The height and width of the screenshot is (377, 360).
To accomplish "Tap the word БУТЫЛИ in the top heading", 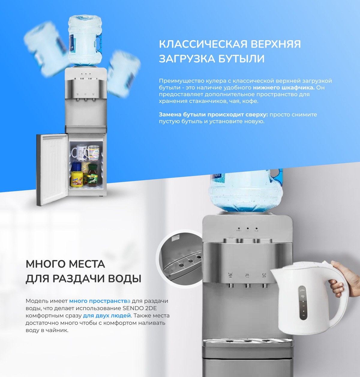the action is pyautogui.click(x=241, y=59).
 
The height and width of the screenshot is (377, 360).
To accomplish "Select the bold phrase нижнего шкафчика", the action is pyautogui.click(x=284, y=88).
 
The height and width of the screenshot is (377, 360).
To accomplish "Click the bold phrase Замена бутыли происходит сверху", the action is pyautogui.click(x=213, y=115).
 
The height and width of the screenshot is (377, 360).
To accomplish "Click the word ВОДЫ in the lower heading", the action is pyautogui.click(x=124, y=279).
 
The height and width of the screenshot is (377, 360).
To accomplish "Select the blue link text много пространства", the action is pyautogui.click(x=100, y=301).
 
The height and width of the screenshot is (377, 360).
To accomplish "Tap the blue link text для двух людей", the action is pyautogui.click(x=107, y=316).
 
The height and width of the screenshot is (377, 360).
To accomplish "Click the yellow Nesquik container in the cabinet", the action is pyautogui.click(x=77, y=179).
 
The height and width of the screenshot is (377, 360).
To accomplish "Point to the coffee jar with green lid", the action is pyautogui.click(x=92, y=175).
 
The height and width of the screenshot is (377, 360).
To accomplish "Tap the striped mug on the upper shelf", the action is pyautogui.click(x=93, y=153).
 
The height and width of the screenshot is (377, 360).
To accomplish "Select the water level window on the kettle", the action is pyautogui.click(x=302, y=303).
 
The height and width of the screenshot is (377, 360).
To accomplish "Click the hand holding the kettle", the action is pyautogui.click(x=343, y=279).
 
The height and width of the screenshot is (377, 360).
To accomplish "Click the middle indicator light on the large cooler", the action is pyautogui.click(x=247, y=229).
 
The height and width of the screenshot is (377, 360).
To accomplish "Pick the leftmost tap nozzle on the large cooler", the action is pyautogui.click(x=231, y=285).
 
